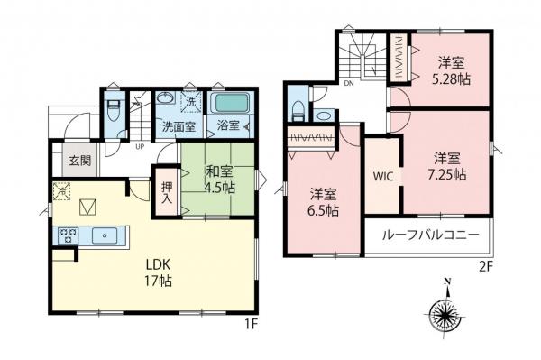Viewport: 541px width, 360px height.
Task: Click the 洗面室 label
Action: tap(178, 127)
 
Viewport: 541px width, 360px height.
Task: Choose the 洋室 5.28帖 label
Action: tap(452, 70)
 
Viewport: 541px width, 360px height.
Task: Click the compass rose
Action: tap(445, 316)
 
